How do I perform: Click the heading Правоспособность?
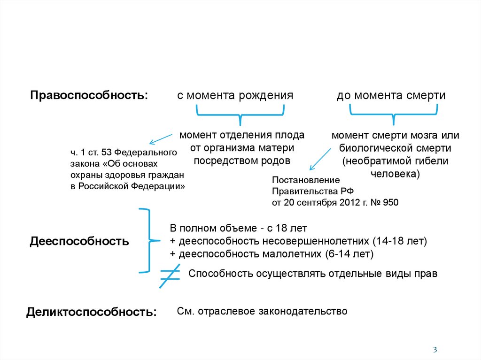[89, 95]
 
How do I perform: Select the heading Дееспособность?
[79, 241]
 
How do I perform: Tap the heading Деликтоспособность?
[92, 312]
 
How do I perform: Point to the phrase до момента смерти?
[391, 95]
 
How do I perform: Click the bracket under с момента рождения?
[240, 115]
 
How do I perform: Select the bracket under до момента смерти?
[394, 115]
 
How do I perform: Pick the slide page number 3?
[435, 349]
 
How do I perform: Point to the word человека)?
[395, 173]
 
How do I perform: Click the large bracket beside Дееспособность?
[145, 241]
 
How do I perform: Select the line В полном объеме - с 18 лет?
[238, 229]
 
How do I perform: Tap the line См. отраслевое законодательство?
[262, 311]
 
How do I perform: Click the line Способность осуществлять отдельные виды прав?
[313, 274]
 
